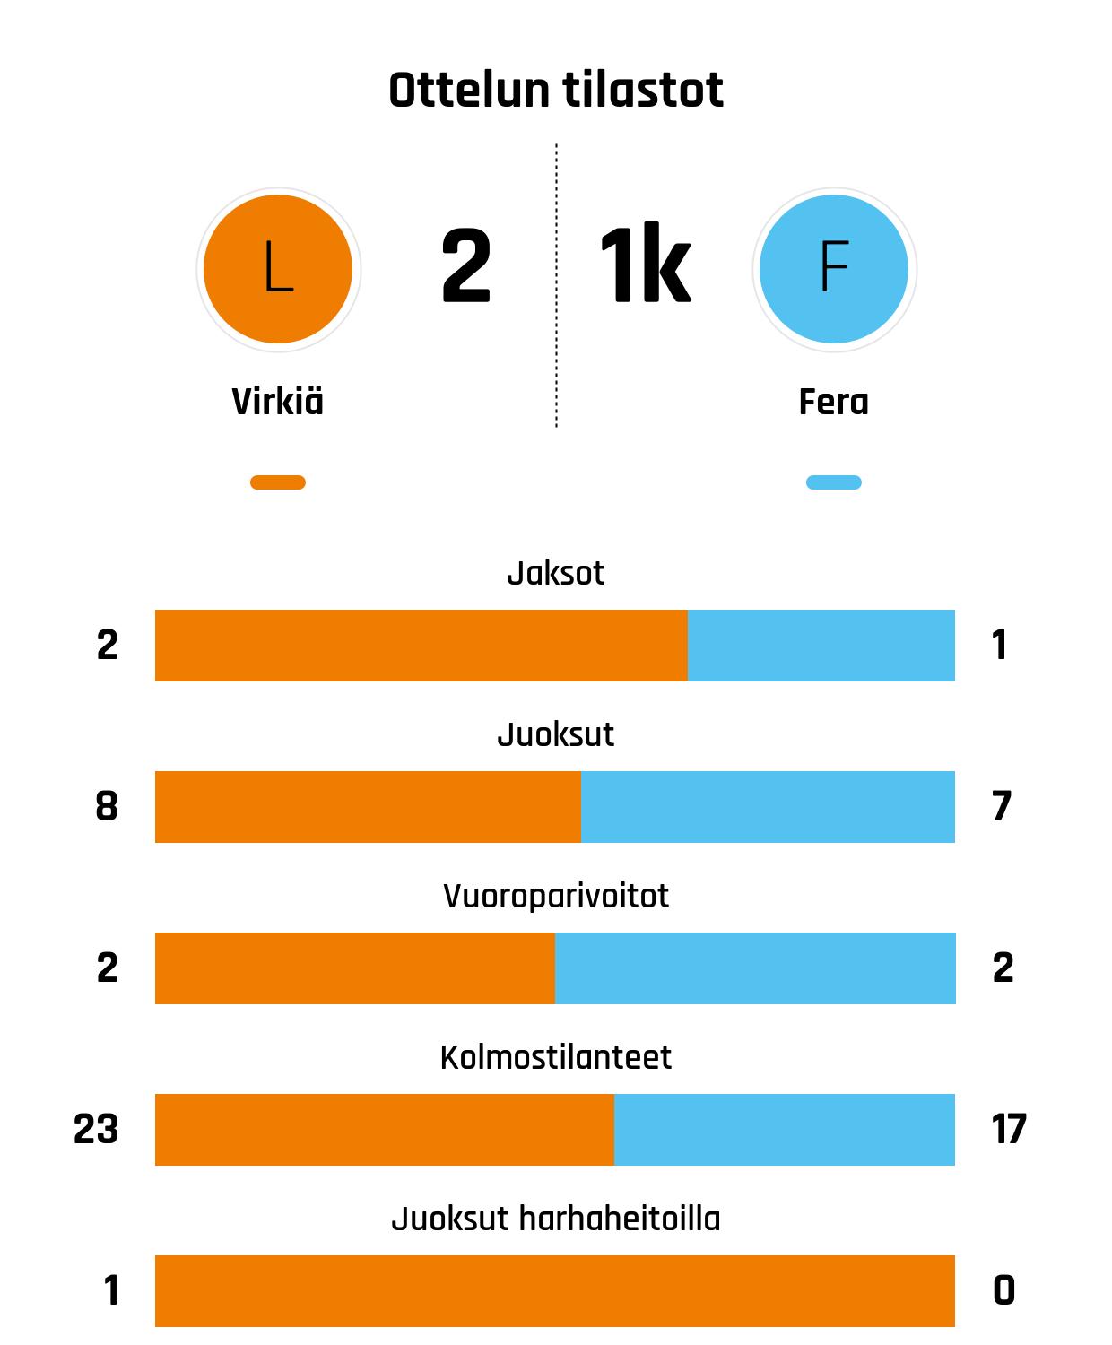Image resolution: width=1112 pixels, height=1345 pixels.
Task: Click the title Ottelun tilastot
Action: tap(556, 91)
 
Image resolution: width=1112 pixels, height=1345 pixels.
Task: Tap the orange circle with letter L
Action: tap(278, 269)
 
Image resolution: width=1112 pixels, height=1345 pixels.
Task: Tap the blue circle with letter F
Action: tap(834, 269)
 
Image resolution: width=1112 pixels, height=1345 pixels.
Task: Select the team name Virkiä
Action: tap(278, 402)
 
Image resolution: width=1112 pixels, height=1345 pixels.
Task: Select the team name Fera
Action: tap(834, 402)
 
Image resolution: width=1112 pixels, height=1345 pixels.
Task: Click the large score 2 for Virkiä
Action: tap(466, 267)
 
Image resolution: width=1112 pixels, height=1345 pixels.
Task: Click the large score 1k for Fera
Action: tap(645, 267)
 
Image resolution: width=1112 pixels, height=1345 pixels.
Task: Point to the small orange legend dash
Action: tap(278, 482)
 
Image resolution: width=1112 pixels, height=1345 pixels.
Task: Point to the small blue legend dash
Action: tap(834, 482)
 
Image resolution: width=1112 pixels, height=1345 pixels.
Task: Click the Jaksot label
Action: tap(556, 573)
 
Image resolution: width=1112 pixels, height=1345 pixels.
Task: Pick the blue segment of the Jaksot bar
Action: tap(821, 646)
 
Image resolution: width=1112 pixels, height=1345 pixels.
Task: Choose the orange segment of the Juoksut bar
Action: tap(368, 807)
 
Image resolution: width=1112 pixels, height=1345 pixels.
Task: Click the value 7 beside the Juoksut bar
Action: tap(1002, 807)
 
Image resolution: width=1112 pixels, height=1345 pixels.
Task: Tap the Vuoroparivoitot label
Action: tap(556, 896)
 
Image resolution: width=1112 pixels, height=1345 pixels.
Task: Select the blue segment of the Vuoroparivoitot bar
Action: tap(755, 968)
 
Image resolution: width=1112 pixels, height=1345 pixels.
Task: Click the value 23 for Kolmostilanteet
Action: tap(96, 1130)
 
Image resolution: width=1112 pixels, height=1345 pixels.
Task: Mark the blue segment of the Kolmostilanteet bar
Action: tap(785, 1130)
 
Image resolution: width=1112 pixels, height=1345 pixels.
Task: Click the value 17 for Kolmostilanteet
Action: tap(1009, 1130)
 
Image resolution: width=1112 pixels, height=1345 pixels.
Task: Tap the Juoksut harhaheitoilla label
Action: tap(556, 1219)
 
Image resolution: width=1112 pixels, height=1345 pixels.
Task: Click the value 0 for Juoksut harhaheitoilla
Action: tap(1004, 1291)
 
